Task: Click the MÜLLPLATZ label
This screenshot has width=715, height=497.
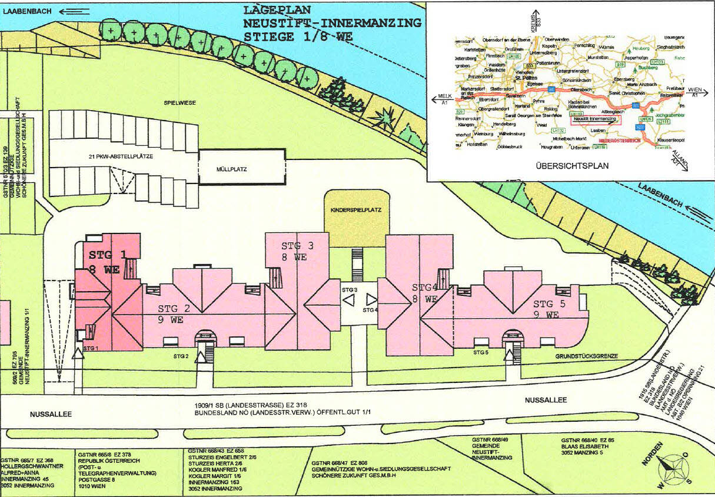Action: click(x=231, y=169)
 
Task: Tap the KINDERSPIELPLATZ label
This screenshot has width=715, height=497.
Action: click(x=357, y=209)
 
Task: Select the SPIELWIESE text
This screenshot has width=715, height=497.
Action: click(x=179, y=103)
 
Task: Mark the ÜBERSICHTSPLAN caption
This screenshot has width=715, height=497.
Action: click(x=572, y=166)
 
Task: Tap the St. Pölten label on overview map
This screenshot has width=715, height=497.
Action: click(x=525, y=77)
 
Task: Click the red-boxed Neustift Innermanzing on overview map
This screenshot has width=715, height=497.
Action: click(x=595, y=119)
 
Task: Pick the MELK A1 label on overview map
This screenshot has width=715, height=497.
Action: click(x=444, y=98)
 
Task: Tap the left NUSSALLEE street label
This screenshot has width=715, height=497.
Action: click(x=51, y=414)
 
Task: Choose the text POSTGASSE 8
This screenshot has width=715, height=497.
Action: click(x=98, y=479)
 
